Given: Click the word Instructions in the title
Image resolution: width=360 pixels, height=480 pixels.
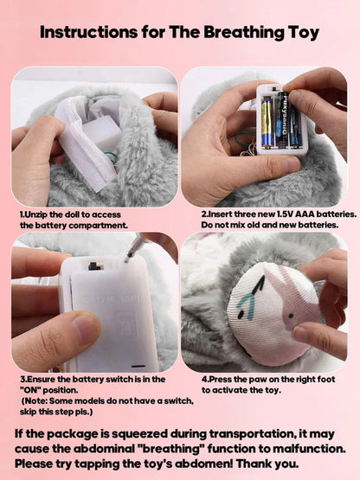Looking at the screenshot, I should [91, 34].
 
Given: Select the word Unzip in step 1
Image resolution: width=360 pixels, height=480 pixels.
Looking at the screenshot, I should [38, 214].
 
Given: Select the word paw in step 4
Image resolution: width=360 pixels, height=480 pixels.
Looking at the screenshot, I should [251, 379].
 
